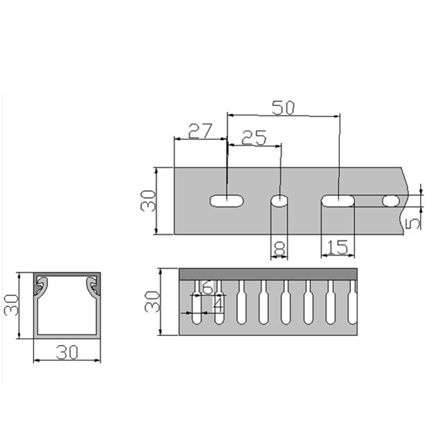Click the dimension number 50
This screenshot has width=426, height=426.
click(283, 108)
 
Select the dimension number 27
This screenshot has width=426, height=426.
click(200, 130)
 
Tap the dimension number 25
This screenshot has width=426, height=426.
click(254, 138)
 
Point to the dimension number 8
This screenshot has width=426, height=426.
click(279, 248)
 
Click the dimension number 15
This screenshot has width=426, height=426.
click(337, 247)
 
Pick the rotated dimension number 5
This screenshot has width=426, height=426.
click(413, 223)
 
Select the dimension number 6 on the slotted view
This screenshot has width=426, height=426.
click(207, 287)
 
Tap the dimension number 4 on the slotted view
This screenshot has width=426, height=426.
click(218, 304)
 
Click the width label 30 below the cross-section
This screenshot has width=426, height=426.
click(67, 352)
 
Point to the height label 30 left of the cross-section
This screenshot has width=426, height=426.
click(11, 305)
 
